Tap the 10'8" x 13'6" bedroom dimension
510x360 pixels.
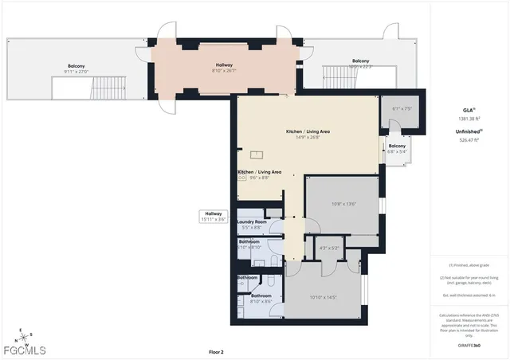click(x=343, y=204)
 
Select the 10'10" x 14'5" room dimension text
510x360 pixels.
click(x=323, y=297)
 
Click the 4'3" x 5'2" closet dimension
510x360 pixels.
click(x=329, y=248)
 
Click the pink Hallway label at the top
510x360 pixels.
click(x=225, y=67)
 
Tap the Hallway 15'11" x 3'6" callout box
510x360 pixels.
click(x=214, y=216)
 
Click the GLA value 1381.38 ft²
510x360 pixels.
click(x=469, y=118)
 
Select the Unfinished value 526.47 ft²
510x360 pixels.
click(x=469, y=139)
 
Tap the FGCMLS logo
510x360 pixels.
click(x=24, y=350)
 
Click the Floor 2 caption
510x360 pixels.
click(x=216, y=351)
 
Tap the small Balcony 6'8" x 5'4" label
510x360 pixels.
click(x=396, y=148)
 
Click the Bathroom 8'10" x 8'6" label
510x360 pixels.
click(x=261, y=298)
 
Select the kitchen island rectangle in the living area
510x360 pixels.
click(x=257, y=155)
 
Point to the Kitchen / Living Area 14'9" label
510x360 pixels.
click(x=308, y=133)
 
